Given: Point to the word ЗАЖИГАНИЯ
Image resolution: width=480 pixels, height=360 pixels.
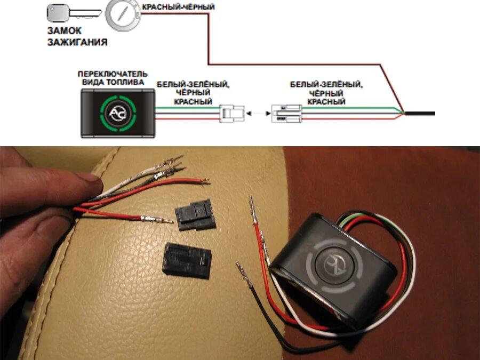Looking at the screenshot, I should [x=77, y=41].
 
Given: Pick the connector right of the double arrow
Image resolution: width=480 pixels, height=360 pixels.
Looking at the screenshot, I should [x=286, y=113].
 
